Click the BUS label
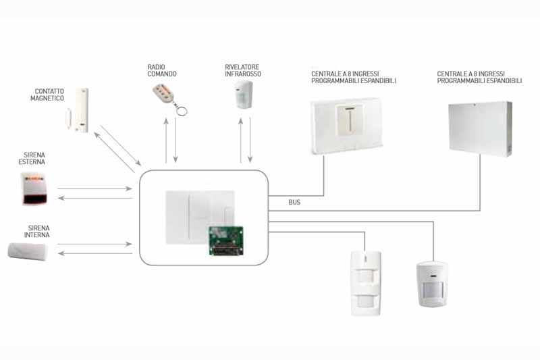pyautogui.click(x=294, y=202)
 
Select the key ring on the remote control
pyautogui.click(x=182, y=110)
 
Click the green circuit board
pyautogui.click(x=226, y=241)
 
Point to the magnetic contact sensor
pyautogui.click(x=78, y=110)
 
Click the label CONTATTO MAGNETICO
pyautogui.click(x=47, y=95)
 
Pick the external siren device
pyautogui.click(x=34, y=189)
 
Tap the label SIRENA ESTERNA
pyautogui.click(x=32, y=159)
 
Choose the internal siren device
pyautogui.click(x=28, y=251)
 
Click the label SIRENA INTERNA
pyautogui.click(x=37, y=232)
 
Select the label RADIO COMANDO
pyautogui.click(x=162, y=70)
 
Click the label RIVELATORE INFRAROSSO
pyautogui.click(x=243, y=70)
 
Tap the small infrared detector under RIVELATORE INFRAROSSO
pyautogui.click(x=244, y=95)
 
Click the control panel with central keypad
pyautogui.click(x=347, y=126)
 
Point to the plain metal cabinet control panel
pyautogui.click(x=480, y=129)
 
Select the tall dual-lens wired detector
pyautogui.click(x=366, y=283)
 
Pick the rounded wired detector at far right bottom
pyautogui.click(x=433, y=284)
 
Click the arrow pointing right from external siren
pyautogui.click(x=94, y=189)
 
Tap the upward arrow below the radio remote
pyautogui.click(x=166, y=140)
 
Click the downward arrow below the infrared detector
pyautogui.click(x=250, y=140)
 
